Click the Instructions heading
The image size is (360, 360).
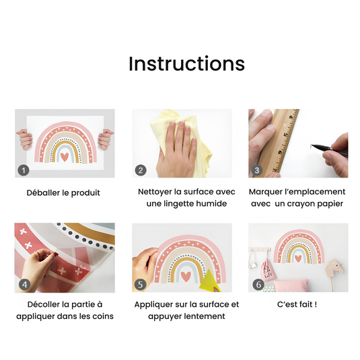(x=186, y=64)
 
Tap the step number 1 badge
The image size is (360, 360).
(x=24, y=170)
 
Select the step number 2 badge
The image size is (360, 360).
(x=141, y=170)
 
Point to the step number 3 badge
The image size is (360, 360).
(x=257, y=170)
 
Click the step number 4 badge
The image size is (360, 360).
(x=24, y=285)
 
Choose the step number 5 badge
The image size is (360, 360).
(x=140, y=285)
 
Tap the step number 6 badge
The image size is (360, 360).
(x=258, y=285)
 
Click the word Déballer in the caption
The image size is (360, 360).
(x=43, y=192)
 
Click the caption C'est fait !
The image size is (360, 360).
(x=297, y=304)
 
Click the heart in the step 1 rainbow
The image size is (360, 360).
(x=65, y=157)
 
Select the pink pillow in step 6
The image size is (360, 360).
(x=291, y=285)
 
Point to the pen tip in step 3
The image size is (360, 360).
(x=312, y=145)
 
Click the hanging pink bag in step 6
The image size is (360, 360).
(x=267, y=271)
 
